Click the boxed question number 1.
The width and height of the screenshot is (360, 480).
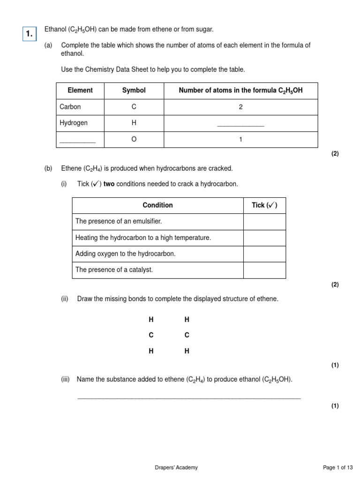[30, 33]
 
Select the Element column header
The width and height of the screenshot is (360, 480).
[80, 90]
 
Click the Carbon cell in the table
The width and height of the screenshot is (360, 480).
[70, 107]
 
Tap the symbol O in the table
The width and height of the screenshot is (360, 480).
[134, 139]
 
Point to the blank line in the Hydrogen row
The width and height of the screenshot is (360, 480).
[240, 125]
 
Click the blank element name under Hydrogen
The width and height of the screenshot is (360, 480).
[78, 140]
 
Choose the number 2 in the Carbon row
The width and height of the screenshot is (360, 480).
[240, 107]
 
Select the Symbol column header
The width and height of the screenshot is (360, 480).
[134, 90]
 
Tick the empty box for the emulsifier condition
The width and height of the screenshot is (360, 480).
[264, 222]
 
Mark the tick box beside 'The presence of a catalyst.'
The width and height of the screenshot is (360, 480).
[264, 270]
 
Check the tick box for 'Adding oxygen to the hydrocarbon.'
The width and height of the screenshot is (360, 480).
[264, 254]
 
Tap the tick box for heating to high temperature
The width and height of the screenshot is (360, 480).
[264, 238]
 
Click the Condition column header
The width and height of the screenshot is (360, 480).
[157, 205]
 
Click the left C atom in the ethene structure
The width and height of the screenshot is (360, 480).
[151, 335]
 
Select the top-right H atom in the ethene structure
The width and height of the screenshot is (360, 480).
[187, 320]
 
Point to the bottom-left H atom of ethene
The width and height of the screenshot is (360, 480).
[151, 351]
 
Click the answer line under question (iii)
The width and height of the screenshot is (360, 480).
[188, 397]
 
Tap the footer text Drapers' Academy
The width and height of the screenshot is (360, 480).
[176, 467]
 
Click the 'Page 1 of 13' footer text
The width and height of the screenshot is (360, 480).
[338, 467]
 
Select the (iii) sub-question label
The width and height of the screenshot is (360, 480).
[65, 379]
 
